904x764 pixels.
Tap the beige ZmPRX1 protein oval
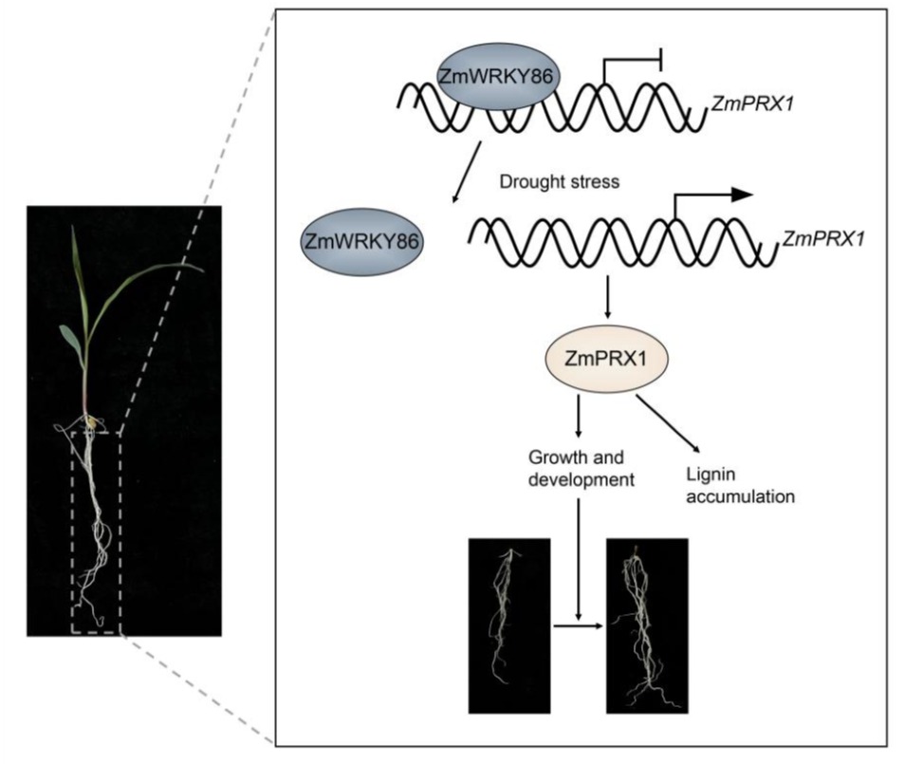click(606, 362)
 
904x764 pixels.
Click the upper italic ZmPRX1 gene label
click(749, 98)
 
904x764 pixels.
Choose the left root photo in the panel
click(510, 625)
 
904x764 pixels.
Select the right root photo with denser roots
click(647, 626)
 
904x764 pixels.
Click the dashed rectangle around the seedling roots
click(96, 531)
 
